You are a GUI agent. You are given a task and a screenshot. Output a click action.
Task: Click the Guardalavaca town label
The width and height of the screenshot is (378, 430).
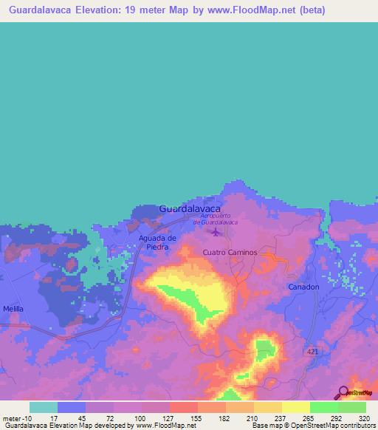(190, 209)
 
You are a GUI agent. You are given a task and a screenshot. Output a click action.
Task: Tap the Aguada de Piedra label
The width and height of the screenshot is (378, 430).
(158, 242)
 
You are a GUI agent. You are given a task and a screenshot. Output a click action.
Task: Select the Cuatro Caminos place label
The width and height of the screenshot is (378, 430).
(230, 253)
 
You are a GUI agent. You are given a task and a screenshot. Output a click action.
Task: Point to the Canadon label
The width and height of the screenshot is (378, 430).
(303, 287)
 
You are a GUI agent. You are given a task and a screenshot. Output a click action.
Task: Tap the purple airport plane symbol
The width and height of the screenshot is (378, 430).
(216, 233)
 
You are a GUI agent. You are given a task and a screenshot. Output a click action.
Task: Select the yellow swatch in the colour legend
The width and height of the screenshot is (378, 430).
(295, 407)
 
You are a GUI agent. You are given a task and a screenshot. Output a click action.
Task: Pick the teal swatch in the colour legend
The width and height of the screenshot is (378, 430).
(43, 407)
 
